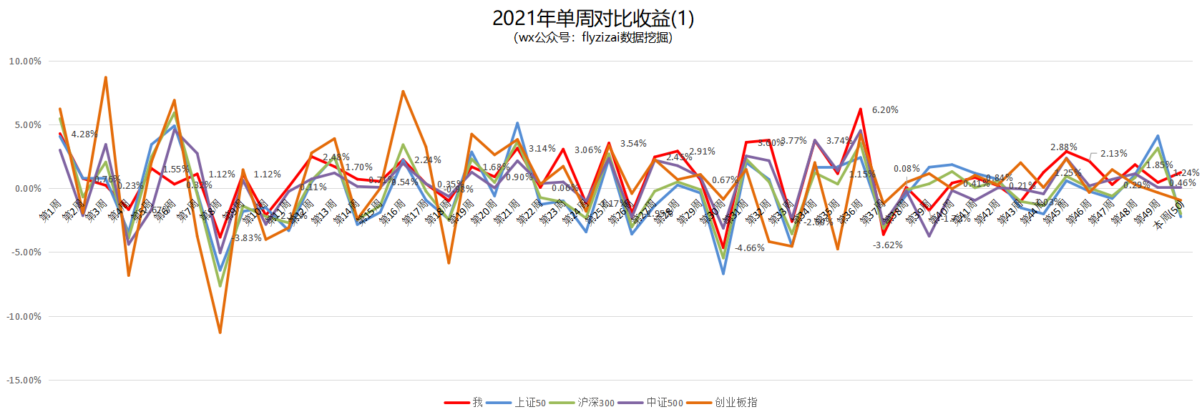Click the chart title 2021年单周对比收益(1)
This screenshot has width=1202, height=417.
click(x=592, y=19)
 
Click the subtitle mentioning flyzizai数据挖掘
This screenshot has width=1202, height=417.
click(x=592, y=38)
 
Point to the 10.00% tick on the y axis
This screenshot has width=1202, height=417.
click(x=25, y=62)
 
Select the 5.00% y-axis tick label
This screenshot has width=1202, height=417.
click(x=27, y=125)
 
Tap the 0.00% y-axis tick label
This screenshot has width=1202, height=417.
click(x=27, y=189)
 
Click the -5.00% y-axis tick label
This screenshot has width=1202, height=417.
click(x=26, y=252)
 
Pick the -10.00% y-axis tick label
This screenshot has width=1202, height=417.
click(x=24, y=316)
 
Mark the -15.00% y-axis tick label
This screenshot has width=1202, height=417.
click(x=24, y=380)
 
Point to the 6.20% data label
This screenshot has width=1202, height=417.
click(x=885, y=110)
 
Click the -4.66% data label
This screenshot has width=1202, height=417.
click(x=750, y=248)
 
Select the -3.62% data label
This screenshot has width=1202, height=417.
click(x=888, y=245)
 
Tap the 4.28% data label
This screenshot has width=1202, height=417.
click(x=84, y=134)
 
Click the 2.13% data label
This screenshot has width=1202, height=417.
click(x=1114, y=154)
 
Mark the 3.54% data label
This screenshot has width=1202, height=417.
click(x=633, y=144)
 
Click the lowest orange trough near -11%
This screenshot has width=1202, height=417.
click(x=220, y=332)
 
